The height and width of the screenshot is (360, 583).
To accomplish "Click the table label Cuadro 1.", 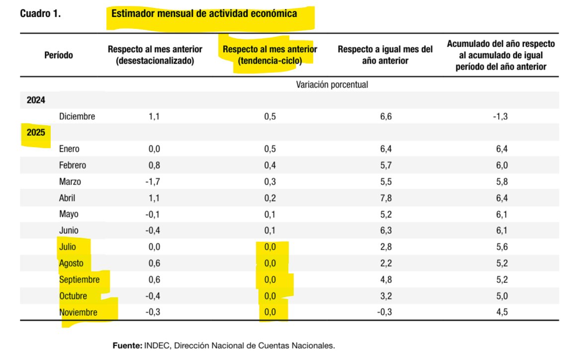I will pos(40,14).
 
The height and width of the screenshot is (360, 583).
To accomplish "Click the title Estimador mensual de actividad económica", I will pos(204,14).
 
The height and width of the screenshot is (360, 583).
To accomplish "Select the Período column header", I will pos(58,55).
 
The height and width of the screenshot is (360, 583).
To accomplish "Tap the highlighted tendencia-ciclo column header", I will pos(270,55).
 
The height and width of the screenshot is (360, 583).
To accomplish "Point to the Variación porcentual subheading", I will pos(332,85).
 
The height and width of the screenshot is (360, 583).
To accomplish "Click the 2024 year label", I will pos(36,100).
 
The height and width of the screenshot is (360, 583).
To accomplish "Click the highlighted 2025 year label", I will pos(36,133).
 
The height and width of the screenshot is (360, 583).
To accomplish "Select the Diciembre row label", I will pos(77,116).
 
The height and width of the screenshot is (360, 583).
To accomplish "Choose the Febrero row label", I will pos(72,165).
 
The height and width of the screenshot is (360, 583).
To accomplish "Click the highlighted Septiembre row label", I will pos(79,280).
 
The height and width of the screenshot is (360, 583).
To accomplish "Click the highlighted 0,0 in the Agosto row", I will pos(270,264).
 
